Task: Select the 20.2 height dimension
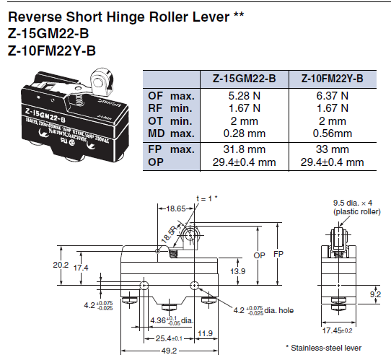(62, 265)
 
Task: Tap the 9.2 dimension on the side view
(374, 294)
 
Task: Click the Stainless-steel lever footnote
(337, 347)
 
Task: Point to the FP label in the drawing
(278, 254)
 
